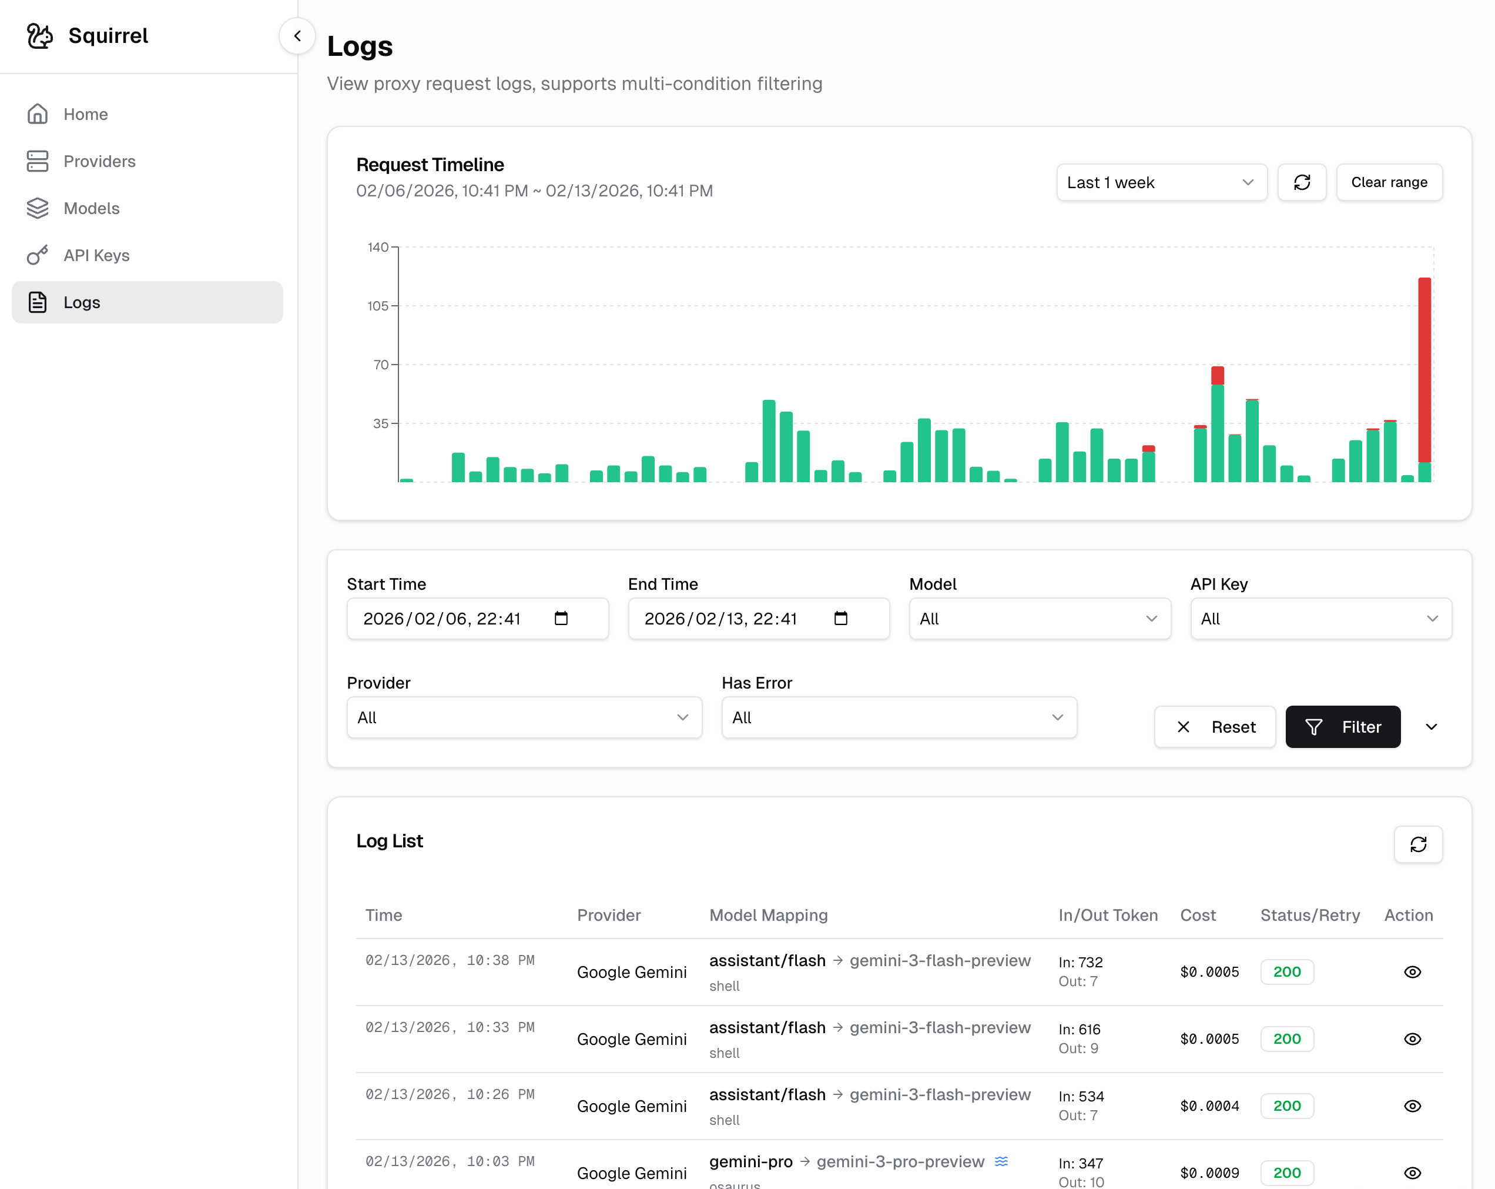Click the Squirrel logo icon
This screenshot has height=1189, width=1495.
39,35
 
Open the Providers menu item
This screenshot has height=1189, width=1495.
99,161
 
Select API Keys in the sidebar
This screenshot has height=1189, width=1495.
96,255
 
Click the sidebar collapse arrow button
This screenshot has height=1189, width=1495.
297,35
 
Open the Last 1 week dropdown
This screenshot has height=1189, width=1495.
1161,182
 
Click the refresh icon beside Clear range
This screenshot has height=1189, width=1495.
1302,182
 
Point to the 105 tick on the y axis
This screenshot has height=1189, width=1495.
378,306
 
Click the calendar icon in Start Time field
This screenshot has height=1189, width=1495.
561,618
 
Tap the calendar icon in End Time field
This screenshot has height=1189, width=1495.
840,618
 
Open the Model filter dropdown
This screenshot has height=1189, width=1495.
1039,619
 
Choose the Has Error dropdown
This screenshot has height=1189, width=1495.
899,717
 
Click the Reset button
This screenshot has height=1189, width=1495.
1215,726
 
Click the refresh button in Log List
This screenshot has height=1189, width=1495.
1418,844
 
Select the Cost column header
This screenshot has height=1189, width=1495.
1198,915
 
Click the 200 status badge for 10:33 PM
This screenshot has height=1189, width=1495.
1287,1038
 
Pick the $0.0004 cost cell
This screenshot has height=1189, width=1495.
1209,1105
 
